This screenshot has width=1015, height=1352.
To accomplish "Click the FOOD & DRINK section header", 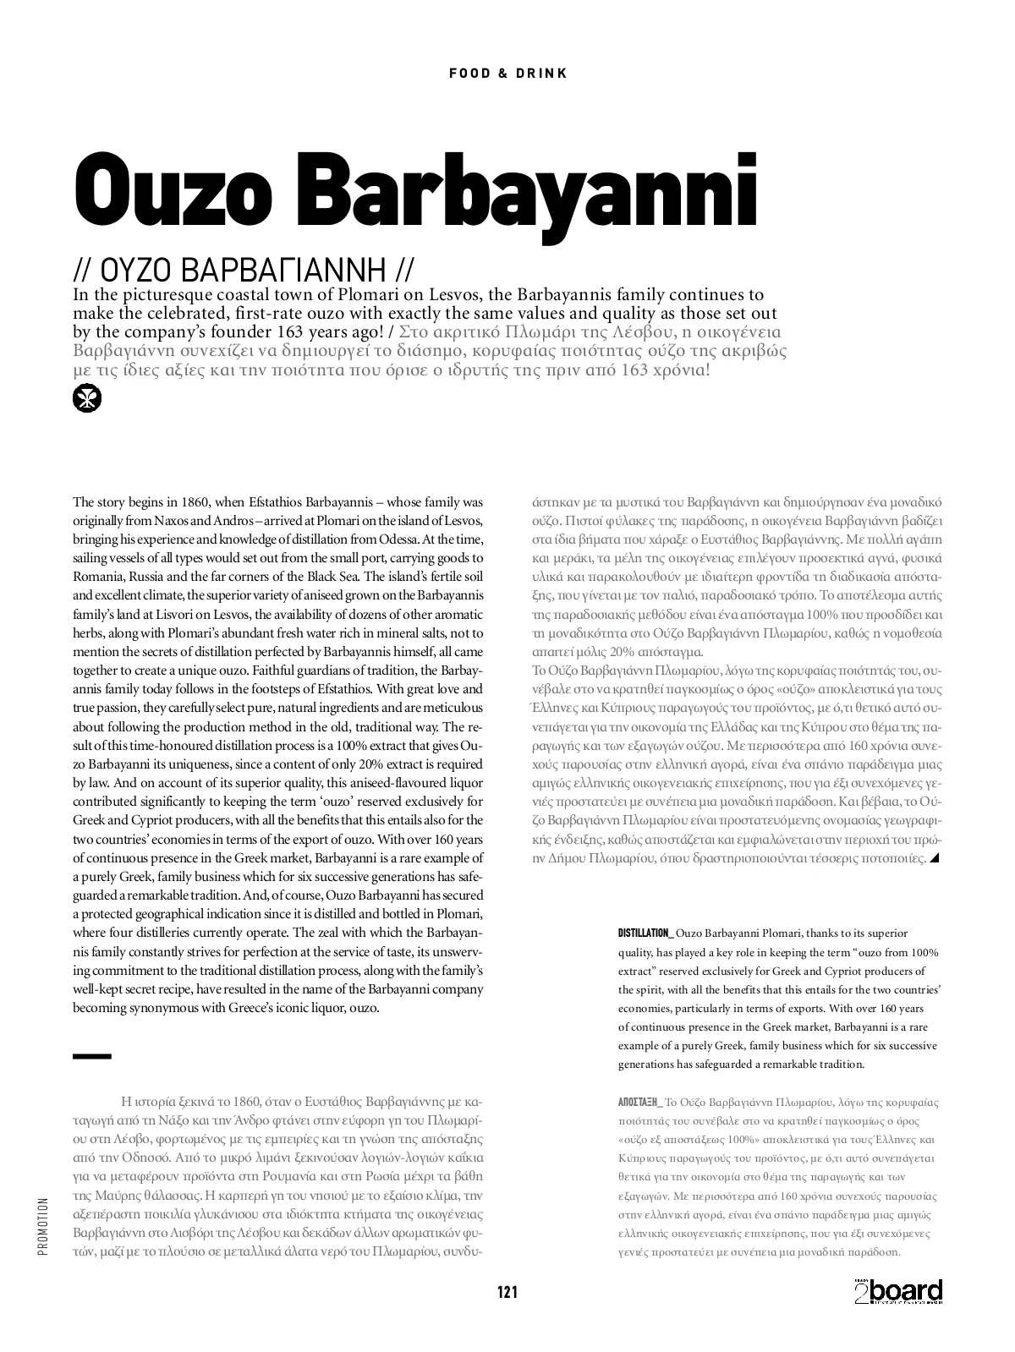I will pos(507,74).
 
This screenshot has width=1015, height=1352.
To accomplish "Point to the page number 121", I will pos(507,1292).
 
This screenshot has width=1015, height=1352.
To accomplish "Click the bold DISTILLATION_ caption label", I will pos(645,933).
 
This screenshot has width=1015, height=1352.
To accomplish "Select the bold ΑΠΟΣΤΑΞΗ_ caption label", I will pos(640,1103).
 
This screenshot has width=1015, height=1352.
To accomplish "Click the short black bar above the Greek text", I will pos(92,1056).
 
